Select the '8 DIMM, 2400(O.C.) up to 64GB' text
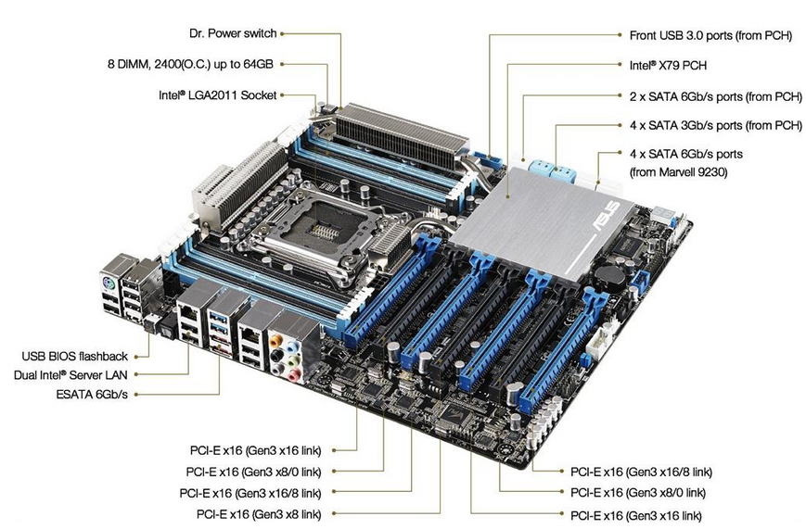click(x=191, y=64)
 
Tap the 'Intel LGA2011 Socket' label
click(x=218, y=94)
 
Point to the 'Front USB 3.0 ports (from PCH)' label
click(x=709, y=35)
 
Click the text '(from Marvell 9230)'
click(x=682, y=170)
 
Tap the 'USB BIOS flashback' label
click(x=76, y=355)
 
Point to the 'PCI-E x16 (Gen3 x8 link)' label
click(x=259, y=513)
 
